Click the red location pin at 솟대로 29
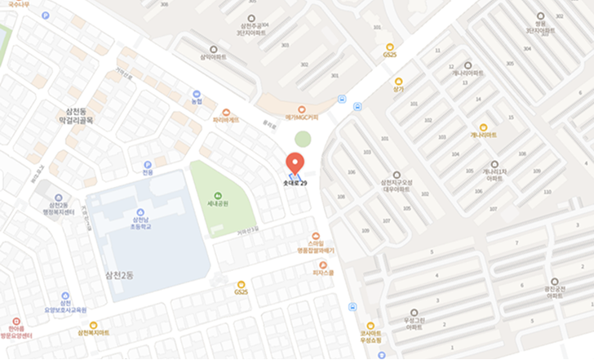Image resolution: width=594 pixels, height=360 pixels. coord(296,160)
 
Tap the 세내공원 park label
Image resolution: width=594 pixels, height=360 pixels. coord(217,204)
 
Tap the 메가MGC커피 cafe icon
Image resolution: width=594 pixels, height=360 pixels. coord(302,109)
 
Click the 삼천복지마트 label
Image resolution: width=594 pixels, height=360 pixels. coord(93,333)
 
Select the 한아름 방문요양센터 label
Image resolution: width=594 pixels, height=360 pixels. coord(16,332)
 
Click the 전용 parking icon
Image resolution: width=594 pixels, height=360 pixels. coord(148,173)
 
